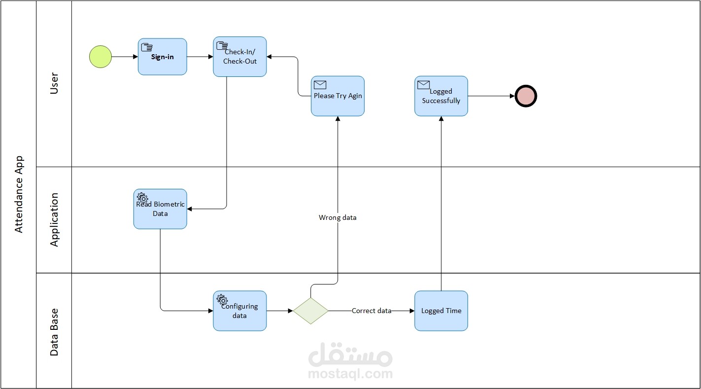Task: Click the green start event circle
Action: (x=100, y=56)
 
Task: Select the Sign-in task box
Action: (x=162, y=57)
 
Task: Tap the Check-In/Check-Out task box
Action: (x=240, y=57)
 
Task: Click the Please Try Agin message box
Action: (x=337, y=96)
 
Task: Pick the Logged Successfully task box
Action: (x=441, y=96)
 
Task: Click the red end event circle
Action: (x=526, y=96)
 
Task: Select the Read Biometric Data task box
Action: (x=160, y=209)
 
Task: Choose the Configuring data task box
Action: (x=240, y=311)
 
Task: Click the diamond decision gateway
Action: (x=311, y=311)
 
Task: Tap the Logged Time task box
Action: (x=441, y=311)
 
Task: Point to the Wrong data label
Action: (x=337, y=217)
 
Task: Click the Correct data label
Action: (x=371, y=311)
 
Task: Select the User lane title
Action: (x=54, y=84)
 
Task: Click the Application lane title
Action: (x=54, y=220)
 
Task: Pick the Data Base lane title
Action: (x=54, y=331)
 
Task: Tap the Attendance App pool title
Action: (x=19, y=194)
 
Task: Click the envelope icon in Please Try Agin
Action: (x=320, y=85)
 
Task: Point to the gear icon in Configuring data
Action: (x=222, y=299)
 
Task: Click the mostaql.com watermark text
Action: (x=350, y=374)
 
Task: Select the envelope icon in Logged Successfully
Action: (x=424, y=85)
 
